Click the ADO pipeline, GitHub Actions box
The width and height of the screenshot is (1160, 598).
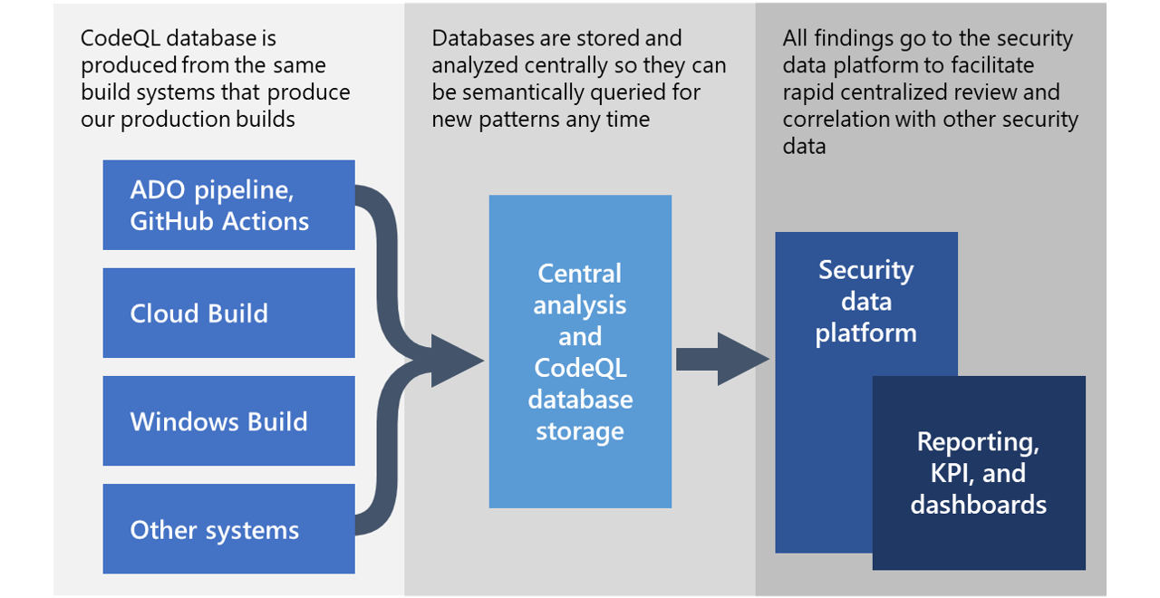228,205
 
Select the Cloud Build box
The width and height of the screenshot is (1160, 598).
228,313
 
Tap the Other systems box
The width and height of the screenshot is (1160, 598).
228,529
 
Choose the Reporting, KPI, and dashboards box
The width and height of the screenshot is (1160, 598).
979,473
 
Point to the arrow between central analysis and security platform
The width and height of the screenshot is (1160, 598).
721,359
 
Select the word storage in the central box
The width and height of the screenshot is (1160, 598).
580,430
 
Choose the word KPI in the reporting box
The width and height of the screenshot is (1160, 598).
944,473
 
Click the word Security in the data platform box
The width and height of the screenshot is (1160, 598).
865,270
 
